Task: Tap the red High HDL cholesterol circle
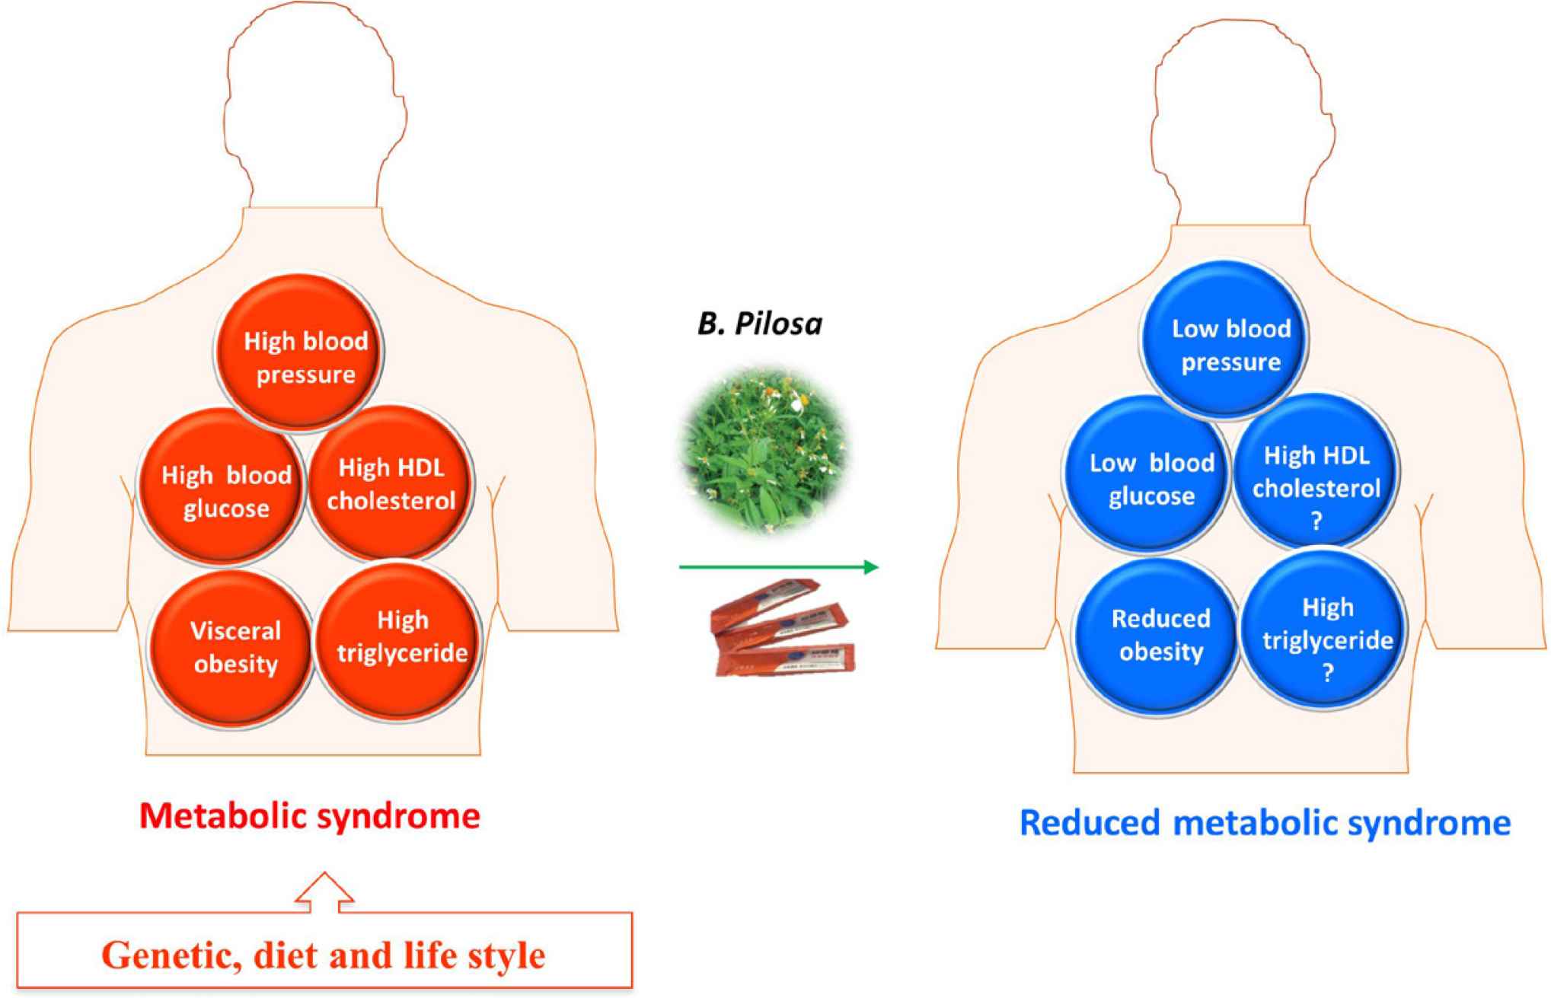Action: pos(390,483)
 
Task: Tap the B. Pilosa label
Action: pos(760,324)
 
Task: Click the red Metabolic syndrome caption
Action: pos(310,816)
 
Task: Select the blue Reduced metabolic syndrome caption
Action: pos(1265,823)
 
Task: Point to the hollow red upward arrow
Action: pos(324,892)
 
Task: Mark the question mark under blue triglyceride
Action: pos(1328,673)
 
